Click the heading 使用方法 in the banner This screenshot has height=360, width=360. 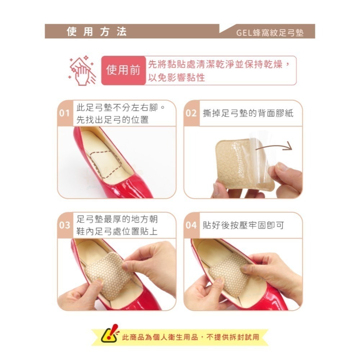pyautogui.click(x=97, y=32)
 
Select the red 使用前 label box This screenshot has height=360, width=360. pyautogui.click(x=123, y=71)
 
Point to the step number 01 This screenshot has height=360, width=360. pyautogui.click(x=65, y=113)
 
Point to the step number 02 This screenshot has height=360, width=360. pyautogui.click(x=191, y=113)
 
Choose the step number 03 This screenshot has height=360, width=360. pyautogui.click(x=65, y=226)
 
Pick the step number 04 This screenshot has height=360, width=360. pyautogui.click(x=191, y=226)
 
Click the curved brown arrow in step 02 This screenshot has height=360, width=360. pyautogui.click(x=279, y=147)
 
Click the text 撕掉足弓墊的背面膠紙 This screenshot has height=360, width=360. pyautogui.click(x=248, y=113)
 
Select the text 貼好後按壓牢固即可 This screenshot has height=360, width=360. pyautogui.click(x=244, y=226)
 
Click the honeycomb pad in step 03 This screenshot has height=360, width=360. pyautogui.click(x=108, y=275)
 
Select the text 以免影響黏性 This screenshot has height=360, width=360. pyautogui.click(x=176, y=78)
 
